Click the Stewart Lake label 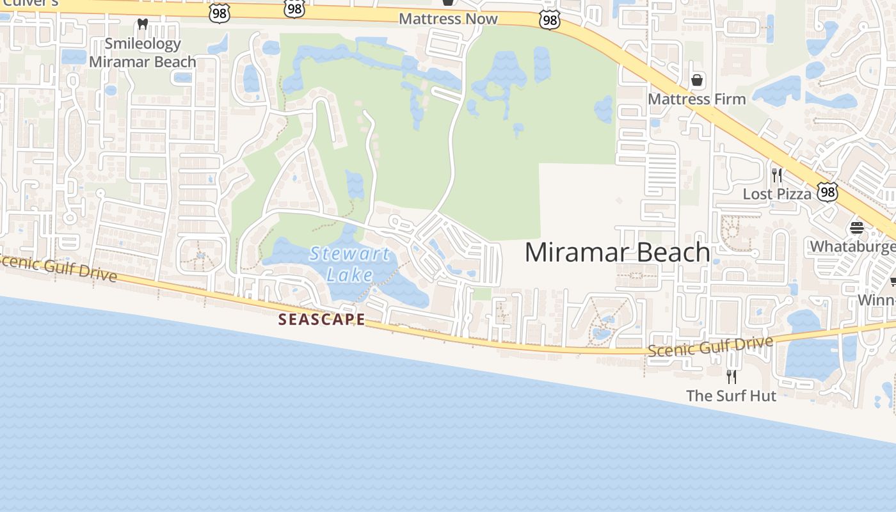(x=349, y=264)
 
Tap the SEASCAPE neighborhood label (x=322, y=319)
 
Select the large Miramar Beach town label (x=617, y=252)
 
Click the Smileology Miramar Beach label (x=143, y=52)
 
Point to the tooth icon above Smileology (x=143, y=24)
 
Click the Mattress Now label (x=448, y=19)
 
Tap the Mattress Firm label (x=697, y=99)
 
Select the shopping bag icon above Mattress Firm (x=697, y=80)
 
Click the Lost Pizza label (x=777, y=193)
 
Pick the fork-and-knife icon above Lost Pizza (x=777, y=175)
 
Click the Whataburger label (x=853, y=246)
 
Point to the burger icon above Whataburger (x=856, y=228)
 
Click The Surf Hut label (x=731, y=396)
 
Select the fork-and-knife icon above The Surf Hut (x=731, y=376)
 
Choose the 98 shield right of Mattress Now (x=549, y=20)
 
